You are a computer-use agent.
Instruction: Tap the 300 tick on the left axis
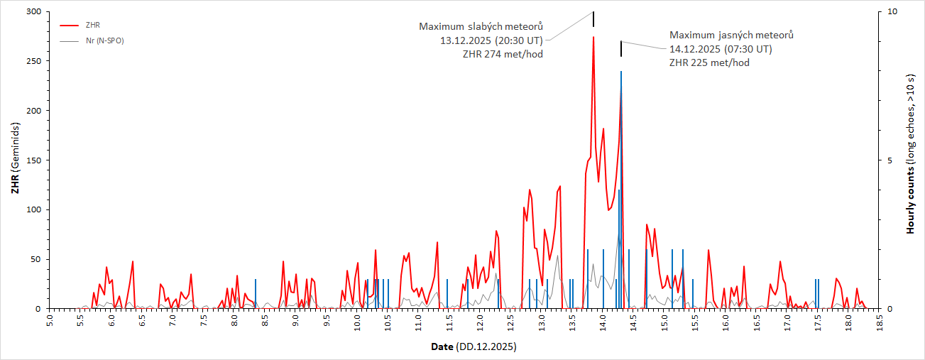pos(34,12)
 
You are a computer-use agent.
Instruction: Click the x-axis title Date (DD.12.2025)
pos(474,347)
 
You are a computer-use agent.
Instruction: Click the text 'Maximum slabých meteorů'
pos(481,27)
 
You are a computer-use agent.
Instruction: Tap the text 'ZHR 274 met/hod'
pos(503,55)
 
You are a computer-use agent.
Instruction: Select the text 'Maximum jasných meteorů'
pos(731,35)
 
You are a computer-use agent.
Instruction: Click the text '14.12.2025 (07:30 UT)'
pos(721,49)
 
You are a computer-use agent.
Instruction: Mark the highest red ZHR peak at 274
pos(593,38)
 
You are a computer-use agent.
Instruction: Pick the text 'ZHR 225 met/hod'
pos(709,62)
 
